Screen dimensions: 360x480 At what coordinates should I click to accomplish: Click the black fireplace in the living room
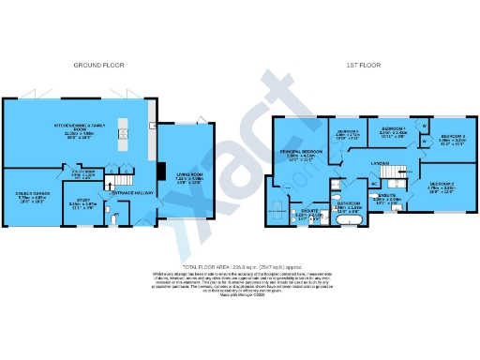[x=159, y=172]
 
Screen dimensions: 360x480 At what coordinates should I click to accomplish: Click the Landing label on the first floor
[x=380, y=163]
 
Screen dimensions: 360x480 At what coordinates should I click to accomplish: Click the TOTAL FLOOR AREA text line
[x=240, y=266]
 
